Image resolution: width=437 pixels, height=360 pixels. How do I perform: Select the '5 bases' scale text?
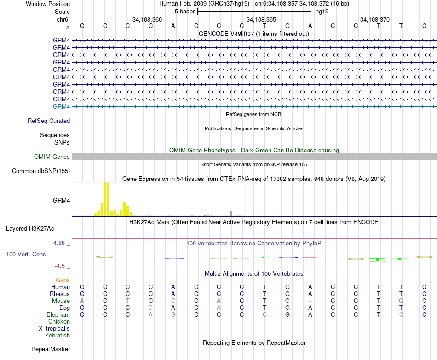click(x=185, y=11)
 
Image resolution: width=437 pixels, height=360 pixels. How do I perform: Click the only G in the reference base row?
click(x=287, y=26)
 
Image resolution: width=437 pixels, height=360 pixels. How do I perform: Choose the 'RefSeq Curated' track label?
click(x=49, y=121)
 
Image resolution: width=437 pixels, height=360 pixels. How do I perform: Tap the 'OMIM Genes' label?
click(x=52, y=157)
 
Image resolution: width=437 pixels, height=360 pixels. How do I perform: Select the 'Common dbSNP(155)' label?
click(x=41, y=171)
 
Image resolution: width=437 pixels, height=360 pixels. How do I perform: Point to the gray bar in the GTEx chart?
click(x=230, y=213)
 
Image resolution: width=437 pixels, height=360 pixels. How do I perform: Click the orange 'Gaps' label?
click(x=63, y=280)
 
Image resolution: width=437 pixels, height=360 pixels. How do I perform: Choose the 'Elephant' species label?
click(x=58, y=314)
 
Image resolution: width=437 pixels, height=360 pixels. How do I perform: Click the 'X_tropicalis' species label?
click(x=54, y=328)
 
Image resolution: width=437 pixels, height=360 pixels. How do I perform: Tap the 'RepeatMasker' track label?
click(x=51, y=349)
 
